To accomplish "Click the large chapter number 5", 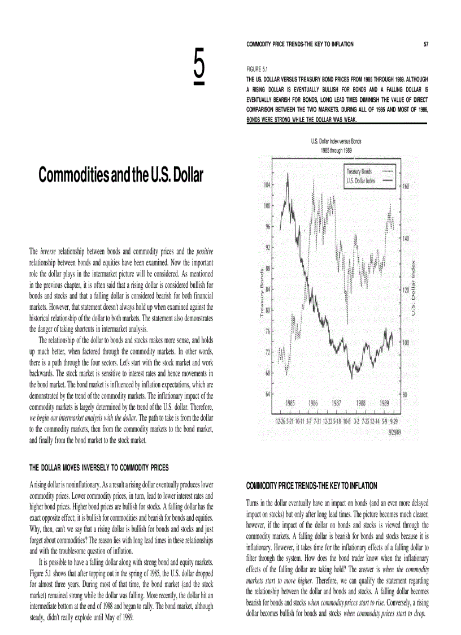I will [199, 67].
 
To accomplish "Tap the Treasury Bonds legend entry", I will [359, 171].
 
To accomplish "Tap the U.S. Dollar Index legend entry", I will [360, 180].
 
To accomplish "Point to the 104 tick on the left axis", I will [267, 185].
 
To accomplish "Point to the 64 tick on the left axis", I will [268, 394].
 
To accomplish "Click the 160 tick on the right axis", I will [406, 185].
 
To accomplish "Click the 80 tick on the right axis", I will [405, 395].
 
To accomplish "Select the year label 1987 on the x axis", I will [337, 403].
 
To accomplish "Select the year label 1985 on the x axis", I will [290, 403].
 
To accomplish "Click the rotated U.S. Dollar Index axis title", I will [414, 288].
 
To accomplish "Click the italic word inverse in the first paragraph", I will [48, 250].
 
